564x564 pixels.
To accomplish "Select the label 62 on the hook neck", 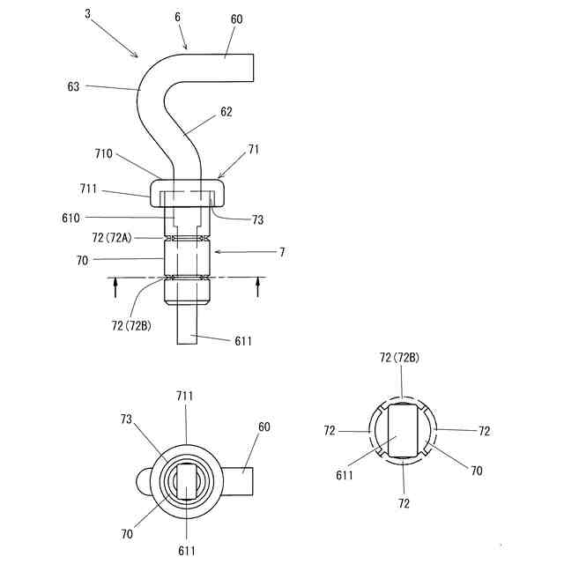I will click(x=226, y=112).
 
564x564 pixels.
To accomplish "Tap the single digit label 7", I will click(x=281, y=253).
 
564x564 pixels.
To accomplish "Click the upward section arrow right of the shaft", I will click(x=258, y=287).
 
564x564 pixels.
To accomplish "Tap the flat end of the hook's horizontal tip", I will click(x=253, y=67).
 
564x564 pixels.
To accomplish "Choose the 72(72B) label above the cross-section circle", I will click(x=399, y=357).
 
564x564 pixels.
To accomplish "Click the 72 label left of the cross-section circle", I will click(x=330, y=431).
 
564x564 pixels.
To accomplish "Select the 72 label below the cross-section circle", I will click(x=403, y=503).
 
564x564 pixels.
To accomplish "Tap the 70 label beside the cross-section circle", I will click(x=476, y=471).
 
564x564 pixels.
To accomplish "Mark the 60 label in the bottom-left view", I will click(x=264, y=427).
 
